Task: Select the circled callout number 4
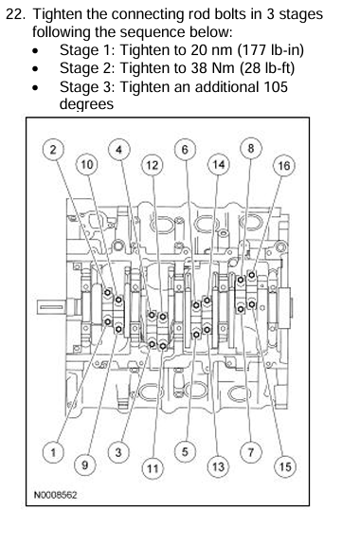(x=119, y=150)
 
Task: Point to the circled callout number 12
(x=152, y=165)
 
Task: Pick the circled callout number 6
(x=185, y=150)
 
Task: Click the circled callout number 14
(x=219, y=164)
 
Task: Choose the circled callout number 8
(x=251, y=149)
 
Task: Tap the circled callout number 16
(x=284, y=165)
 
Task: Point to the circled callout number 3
(x=118, y=452)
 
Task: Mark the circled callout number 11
(x=153, y=468)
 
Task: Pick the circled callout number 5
(x=185, y=452)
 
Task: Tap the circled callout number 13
(x=218, y=466)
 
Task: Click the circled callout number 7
(x=251, y=452)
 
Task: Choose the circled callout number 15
(x=285, y=466)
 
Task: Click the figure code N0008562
(x=55, y=495)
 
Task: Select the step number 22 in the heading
(x=16, y=14)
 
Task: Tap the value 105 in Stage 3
(x=276, y=86)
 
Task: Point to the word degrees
(x=86, y=104)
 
